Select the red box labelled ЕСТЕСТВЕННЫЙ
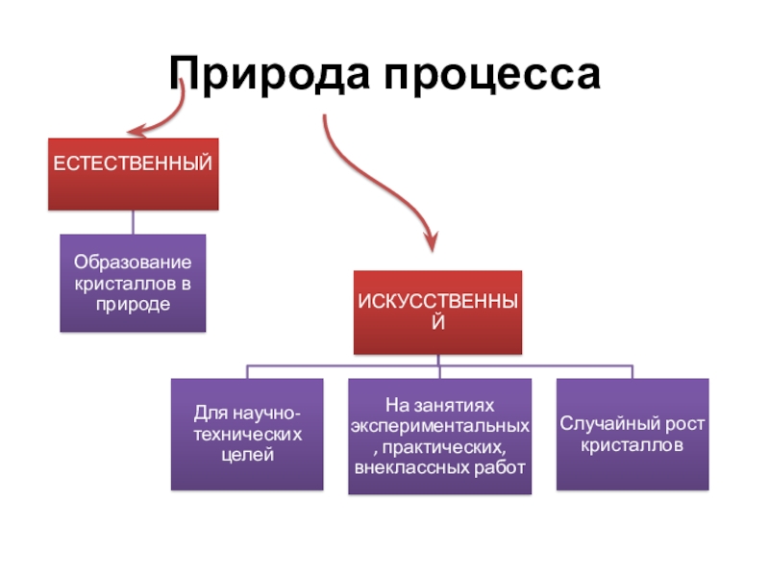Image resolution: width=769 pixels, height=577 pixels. pos(133,174)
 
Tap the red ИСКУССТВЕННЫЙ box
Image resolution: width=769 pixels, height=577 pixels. pos(437,311)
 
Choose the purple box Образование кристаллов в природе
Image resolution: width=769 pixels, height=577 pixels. pos(133,283)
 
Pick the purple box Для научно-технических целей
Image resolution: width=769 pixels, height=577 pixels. pos(247,434)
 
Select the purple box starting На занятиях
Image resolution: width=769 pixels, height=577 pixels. pos(439,436)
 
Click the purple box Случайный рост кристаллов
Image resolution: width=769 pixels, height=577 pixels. pos(633,434)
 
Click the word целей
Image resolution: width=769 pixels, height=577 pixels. pos(247,454)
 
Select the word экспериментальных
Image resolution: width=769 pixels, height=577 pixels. pos(440,425)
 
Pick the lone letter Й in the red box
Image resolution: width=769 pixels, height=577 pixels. pos(437,322)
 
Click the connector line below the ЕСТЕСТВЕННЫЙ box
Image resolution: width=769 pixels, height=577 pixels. pos(133,222)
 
